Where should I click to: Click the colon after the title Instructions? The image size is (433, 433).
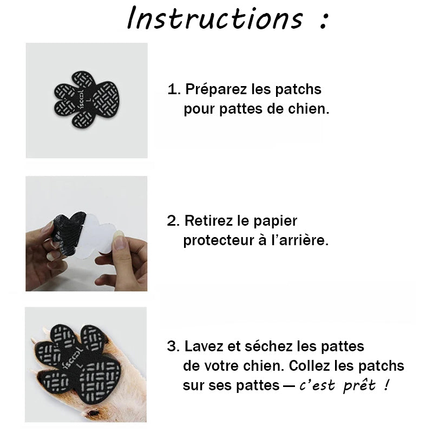[324, 21]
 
